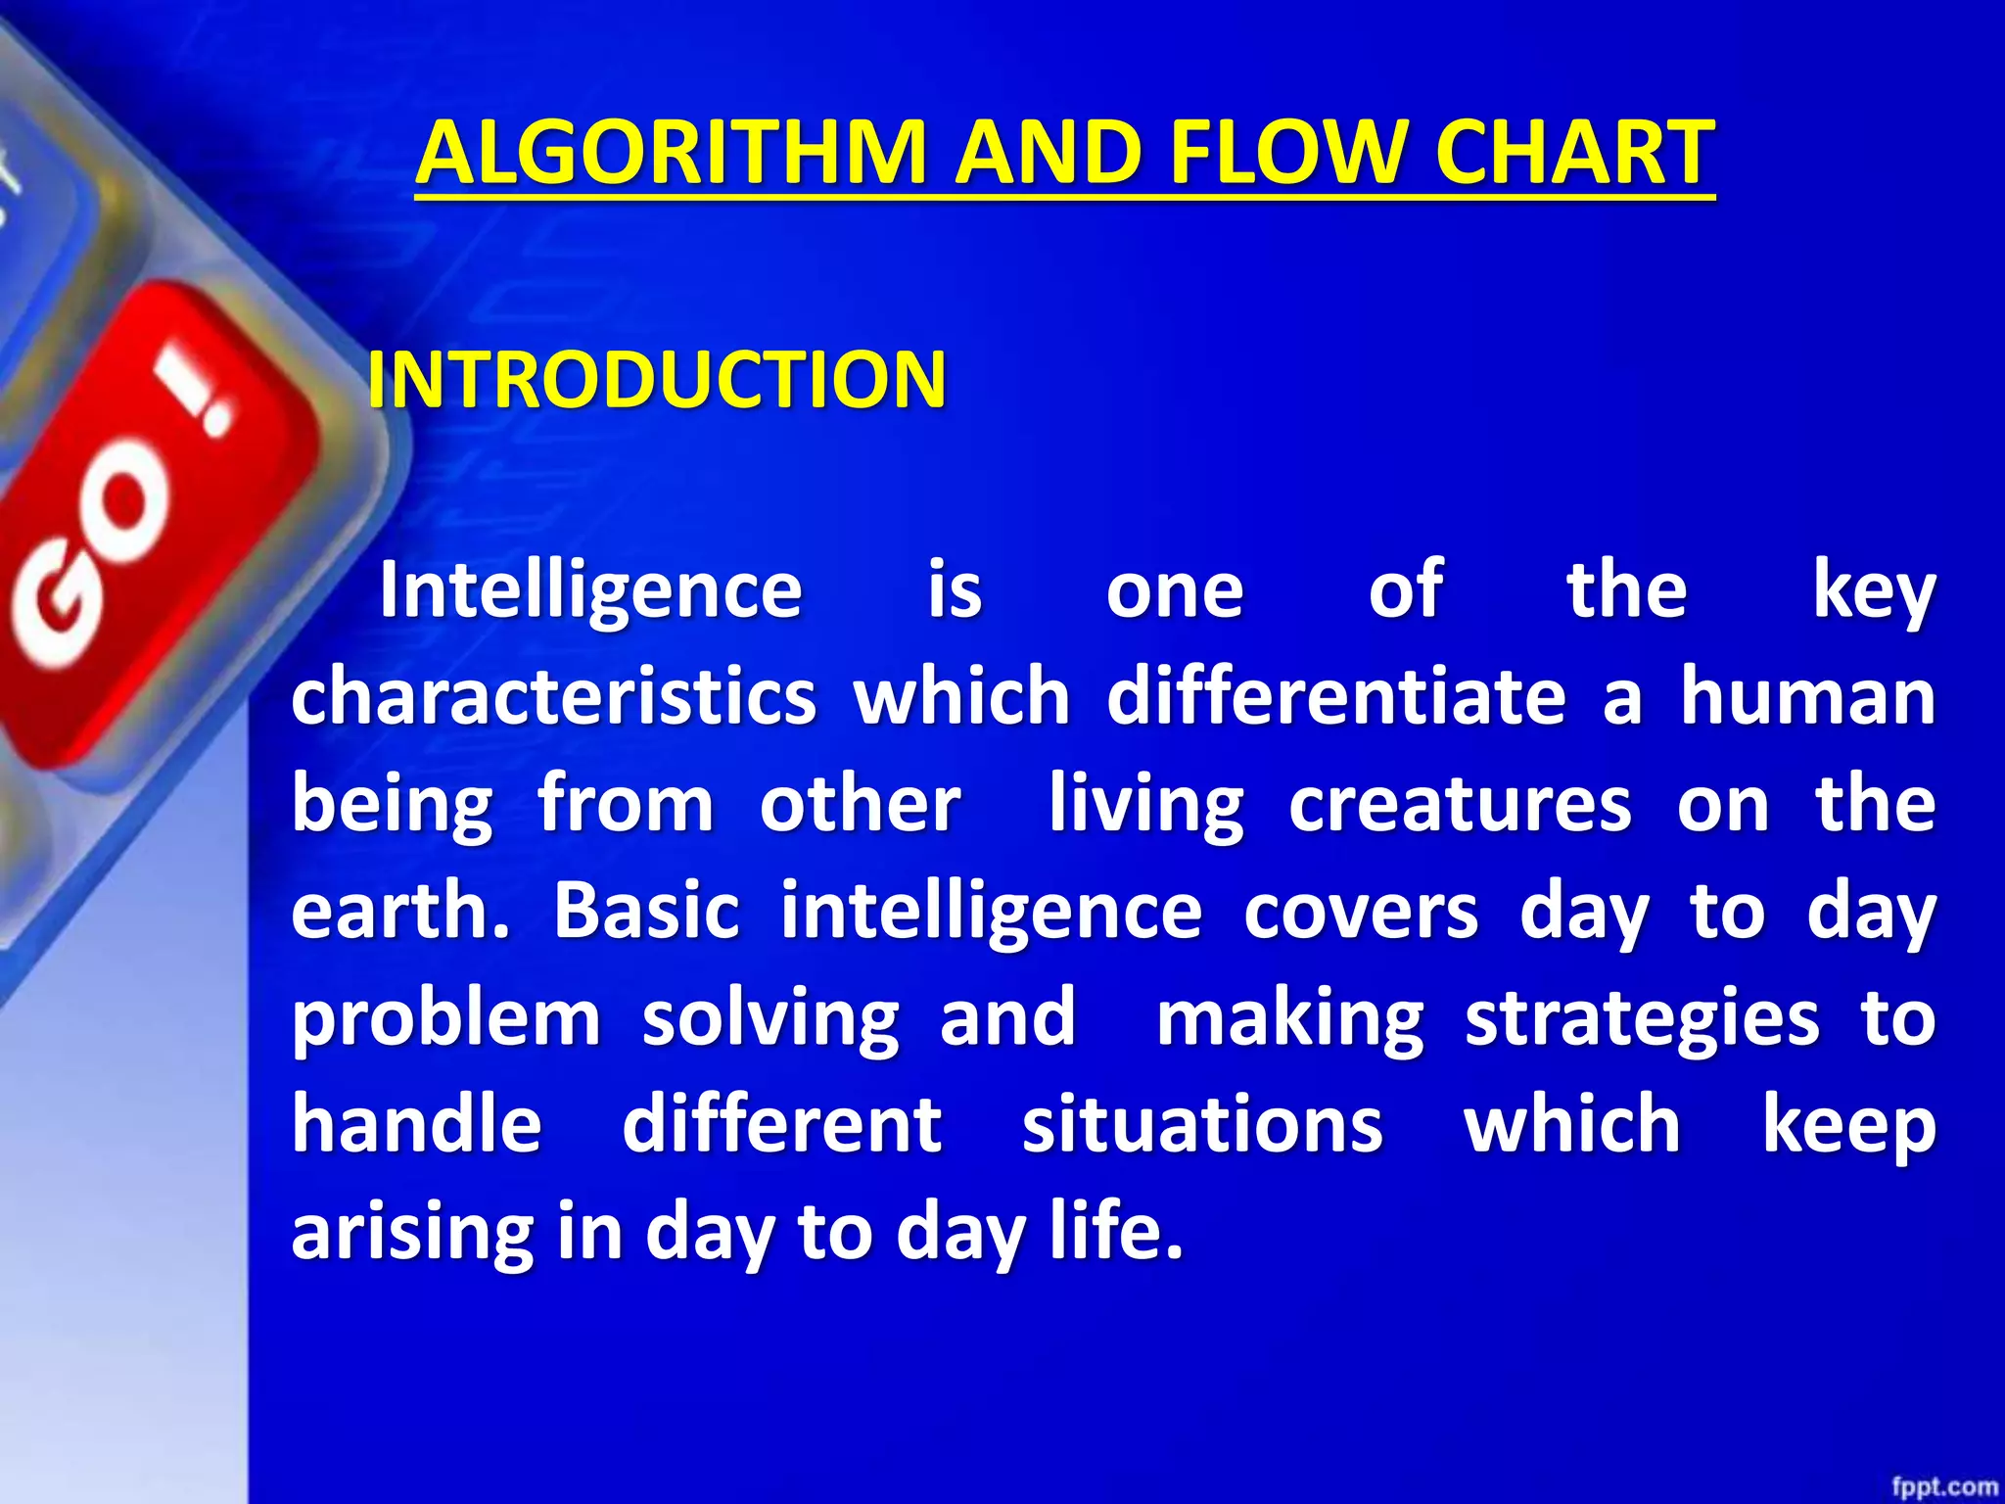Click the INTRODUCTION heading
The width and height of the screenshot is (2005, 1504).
tap(656, 380)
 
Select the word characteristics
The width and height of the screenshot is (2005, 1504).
tap(553, 697)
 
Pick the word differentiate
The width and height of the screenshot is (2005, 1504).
tap(1336, 697)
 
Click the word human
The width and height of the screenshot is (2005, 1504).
tap(1807, 697)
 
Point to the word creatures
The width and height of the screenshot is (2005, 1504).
tap(1460, 805)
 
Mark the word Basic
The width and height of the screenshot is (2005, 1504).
tap(646, 911)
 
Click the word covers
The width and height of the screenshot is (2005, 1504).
tap(1361, 911)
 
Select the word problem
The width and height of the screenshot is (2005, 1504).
tap(446, 1018)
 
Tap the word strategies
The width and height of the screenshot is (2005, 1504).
tap(1642, 1018)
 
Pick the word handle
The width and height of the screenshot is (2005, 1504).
tap(416, 1124)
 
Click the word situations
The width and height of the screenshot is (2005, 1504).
tap(1202, 1124)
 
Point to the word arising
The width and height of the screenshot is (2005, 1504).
tap(412, 1232)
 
